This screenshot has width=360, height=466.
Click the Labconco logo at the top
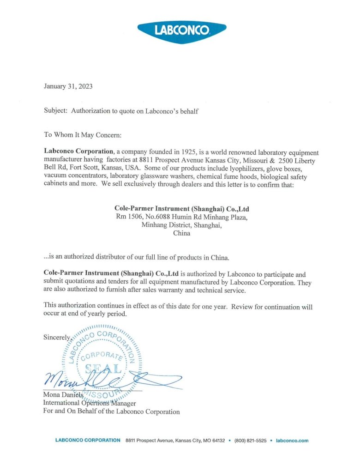point(182,30)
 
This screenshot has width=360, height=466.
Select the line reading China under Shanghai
point(181,234)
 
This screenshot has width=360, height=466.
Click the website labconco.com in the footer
point(292,441)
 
